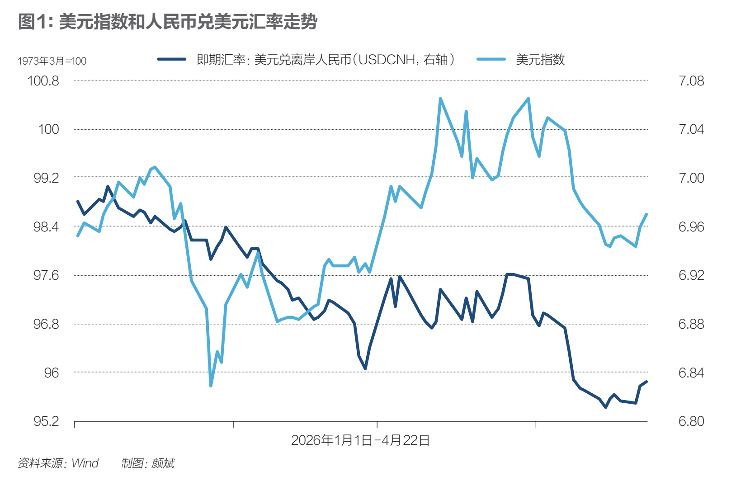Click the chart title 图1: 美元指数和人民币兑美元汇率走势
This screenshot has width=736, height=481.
coord(167,22)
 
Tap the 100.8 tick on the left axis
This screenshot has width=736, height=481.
coord(43,81)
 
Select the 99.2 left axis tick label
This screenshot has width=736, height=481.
coord(46,178)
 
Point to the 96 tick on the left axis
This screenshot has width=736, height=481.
coord(51,373)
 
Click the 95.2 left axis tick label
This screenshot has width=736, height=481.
coord(46,421)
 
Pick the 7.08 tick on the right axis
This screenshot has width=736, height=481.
coord(691,81)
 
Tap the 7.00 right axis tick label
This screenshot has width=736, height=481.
coord(691,178)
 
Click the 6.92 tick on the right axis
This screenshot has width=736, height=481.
coord(691,275)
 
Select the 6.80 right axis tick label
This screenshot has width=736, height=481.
coord(691,421)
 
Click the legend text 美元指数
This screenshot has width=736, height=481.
coord(540,60)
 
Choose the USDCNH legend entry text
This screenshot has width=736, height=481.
coord(326,60)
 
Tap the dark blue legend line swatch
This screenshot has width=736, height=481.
coord(172,59)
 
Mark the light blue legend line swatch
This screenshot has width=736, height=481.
coord(491,59)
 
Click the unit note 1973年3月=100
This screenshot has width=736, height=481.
coord(52,61)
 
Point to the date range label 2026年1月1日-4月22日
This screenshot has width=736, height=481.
coord(360,440)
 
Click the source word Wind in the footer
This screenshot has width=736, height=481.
coord(85,463)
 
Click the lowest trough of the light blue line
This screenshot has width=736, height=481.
coord(211,386)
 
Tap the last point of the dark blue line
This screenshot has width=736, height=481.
coord(646,382)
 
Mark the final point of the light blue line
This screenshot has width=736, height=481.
coord(646,214)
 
